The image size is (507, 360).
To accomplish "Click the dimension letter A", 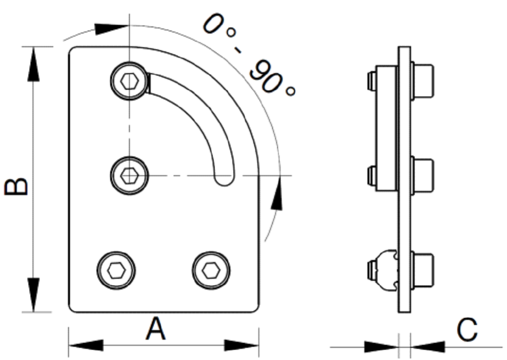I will [x=155, y=329].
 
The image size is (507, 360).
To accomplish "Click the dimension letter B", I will [x=15, y=186].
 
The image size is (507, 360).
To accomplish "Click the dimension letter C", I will [x=467, y=330].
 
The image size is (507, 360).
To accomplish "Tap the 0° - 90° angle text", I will [x=249, y=54].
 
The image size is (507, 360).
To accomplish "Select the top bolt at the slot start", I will [x=129, y=80].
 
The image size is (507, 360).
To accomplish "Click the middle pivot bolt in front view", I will [x=129, y=176].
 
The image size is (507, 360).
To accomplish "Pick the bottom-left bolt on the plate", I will [x=117, y=270].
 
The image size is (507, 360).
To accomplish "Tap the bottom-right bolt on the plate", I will [x=211, y=270].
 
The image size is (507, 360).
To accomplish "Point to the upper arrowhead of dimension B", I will [x=33, y=63].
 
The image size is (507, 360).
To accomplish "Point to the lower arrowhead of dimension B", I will [x=33, y=294].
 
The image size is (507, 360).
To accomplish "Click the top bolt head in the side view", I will [x=423, y=81].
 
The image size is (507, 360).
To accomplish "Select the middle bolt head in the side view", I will [x=423, y=176].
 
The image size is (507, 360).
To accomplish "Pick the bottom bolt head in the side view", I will [x=423, y=270].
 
